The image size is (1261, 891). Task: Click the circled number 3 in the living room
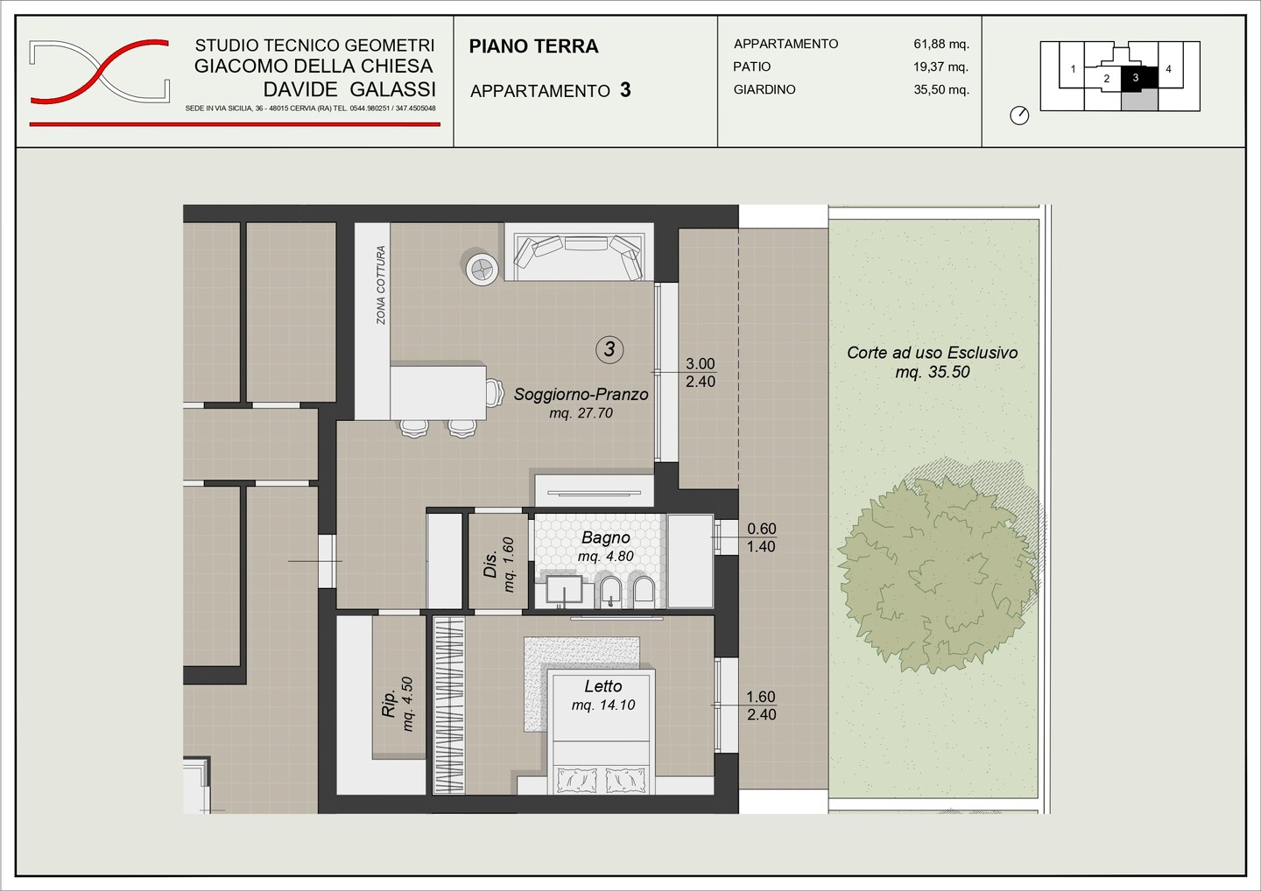coord(609,349)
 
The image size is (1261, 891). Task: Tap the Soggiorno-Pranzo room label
coord(581,395)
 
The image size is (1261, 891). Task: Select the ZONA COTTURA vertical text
coord(381,284)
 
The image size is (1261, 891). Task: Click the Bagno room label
coord(605,537)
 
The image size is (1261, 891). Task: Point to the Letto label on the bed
coord(602,686)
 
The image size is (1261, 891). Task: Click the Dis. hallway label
coord(490,565)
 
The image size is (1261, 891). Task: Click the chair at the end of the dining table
coord(494,392)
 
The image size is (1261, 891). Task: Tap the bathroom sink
coord(564,591)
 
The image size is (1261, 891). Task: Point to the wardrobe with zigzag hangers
coord(448,705)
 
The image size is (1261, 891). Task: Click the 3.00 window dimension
coord(701,364)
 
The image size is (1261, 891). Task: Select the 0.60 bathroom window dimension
coord(761,529)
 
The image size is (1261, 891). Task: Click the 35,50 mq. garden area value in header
coord(941,89)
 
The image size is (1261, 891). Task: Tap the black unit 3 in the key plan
coord(1139,78)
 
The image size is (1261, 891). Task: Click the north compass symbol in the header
coord(1019,116)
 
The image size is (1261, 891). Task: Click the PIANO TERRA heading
coord(533,46)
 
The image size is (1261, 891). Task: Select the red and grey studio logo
coord(100,72)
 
